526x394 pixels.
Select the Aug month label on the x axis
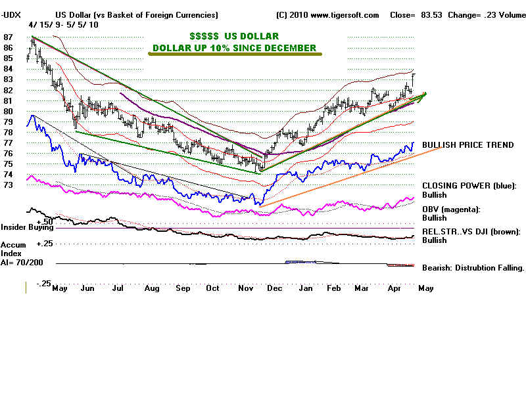point(151,288)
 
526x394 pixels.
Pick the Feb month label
point(333,288)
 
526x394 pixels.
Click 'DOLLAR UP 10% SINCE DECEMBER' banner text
point(234,48)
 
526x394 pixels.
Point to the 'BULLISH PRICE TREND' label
point(467,145)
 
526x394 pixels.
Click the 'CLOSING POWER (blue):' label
point(469,186)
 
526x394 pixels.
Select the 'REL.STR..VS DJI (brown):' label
point(471,231)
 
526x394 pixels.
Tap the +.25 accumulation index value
point(45,243)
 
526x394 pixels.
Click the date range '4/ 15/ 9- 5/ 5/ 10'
point(64,24)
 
